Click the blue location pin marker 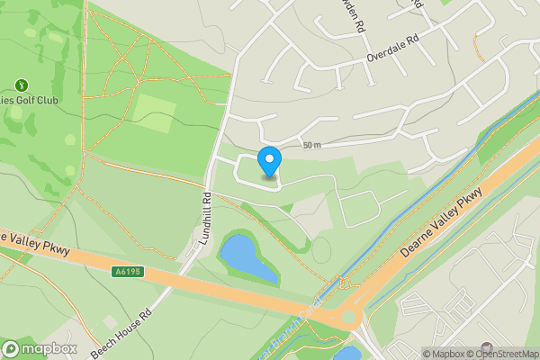click(x=269, y=163)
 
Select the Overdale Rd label click(x=392, y=51)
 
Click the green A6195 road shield click(x=127, y=269)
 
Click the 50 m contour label click(x=311, y=146)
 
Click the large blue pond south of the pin click(x=244, y=256)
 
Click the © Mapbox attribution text click(x=444, y=354)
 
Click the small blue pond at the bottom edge click(x=347, y=353)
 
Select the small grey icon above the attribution click(x=487, y=347)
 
